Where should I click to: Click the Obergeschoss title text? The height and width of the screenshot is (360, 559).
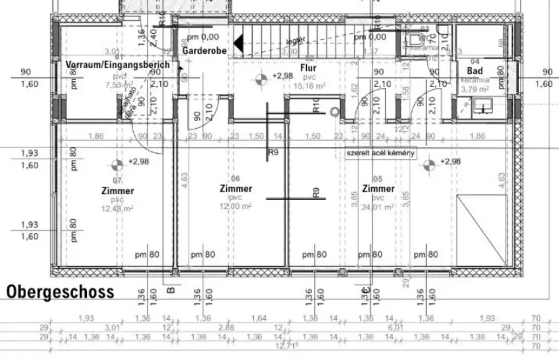pyautogui.click(x=60, y=291)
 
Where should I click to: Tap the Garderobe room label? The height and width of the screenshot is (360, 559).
pyautogui.click(x=201, y=50)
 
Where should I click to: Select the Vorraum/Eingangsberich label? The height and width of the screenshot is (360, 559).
pyautogui.click(x=117, y=65)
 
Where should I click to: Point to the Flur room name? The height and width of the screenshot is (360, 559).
pyautogui.click(x=308, y=68)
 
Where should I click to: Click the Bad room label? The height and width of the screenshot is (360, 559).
pyautogui.click(x=474, y=71)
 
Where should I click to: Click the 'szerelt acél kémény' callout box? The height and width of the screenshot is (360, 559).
pyautogui.click(x=380, y=153)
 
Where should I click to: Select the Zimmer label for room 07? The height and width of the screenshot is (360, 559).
pyautogui.click(x=117, y=191)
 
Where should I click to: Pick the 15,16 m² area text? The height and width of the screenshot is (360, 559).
pyautogui.click(x=310, y=86)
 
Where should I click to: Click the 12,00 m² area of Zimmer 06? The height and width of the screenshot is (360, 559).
pyautogui.click(x=236, y=207)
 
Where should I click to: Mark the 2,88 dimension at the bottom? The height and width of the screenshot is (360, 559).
pyautogui.click(x=226, y=327)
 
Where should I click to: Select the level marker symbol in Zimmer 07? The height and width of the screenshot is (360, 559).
pyautogui.click(x=116, y=164)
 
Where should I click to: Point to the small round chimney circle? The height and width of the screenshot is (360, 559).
pyautogui.click(x=335, y=111)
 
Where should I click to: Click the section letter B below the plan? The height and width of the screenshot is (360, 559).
pyautogui.click(x=170, y=290)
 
